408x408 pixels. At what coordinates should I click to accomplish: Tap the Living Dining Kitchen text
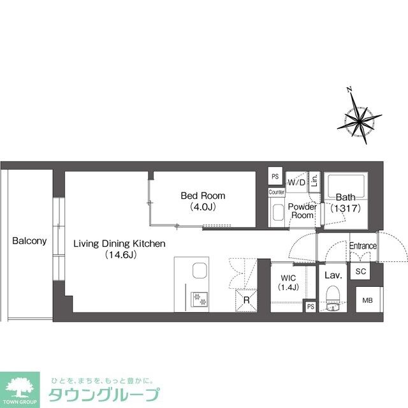click(x=119, y=244)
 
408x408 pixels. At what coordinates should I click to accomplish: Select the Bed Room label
click(x=203, y=196)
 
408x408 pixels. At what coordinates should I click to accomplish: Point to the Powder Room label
click(x=302, y=211)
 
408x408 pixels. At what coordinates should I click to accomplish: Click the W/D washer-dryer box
click(x=296, y=183)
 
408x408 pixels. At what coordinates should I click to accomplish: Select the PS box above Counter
click(x=275, y=177)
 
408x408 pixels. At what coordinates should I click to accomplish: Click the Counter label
click(x=277, y=192)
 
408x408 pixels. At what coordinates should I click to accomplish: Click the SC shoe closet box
click(x=360, y=271)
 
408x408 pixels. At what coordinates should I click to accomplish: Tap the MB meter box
click(x=368, y=300)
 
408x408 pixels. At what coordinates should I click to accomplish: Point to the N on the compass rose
click(x=349, y=90)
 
